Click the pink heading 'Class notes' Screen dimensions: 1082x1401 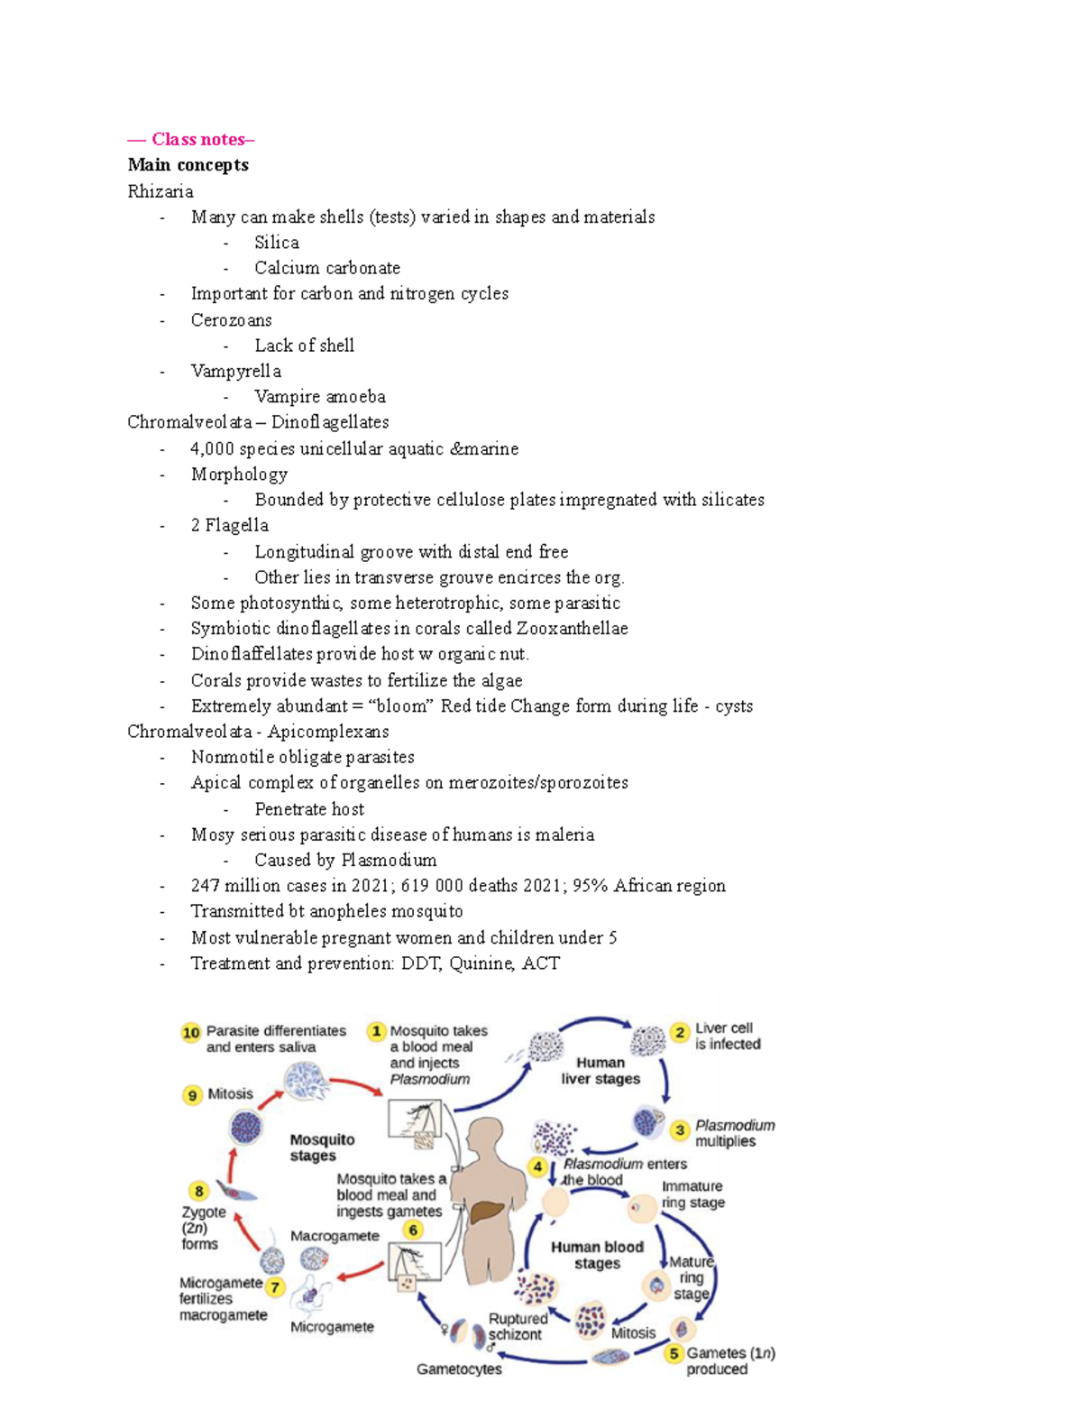(x=197, y=139)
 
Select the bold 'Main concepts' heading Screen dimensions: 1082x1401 (x=188, y=164)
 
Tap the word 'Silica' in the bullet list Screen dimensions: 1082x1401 (x=276, y=242)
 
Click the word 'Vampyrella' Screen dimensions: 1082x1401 (x=235, y=371)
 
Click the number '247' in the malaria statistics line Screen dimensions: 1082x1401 (x=205, y=885)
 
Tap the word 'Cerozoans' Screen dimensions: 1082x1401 (x=231, y=319)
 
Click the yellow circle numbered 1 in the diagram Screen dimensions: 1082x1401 (x=376, y=1031)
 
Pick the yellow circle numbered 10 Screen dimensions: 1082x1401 (x=190, y=1032)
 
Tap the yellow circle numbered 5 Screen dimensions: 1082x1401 (x=674, y=1353)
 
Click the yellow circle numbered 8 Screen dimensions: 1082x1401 (x=198, y=1191)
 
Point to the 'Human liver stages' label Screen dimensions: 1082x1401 (x=601, y=1071)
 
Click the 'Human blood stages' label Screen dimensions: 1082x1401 (x=597, y=1255)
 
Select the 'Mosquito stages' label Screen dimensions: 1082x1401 (x=322, y=1148)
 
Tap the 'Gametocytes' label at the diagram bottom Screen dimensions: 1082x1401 (x=459, y=1369)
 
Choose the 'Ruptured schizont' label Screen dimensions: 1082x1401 (x=517, y=1326)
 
